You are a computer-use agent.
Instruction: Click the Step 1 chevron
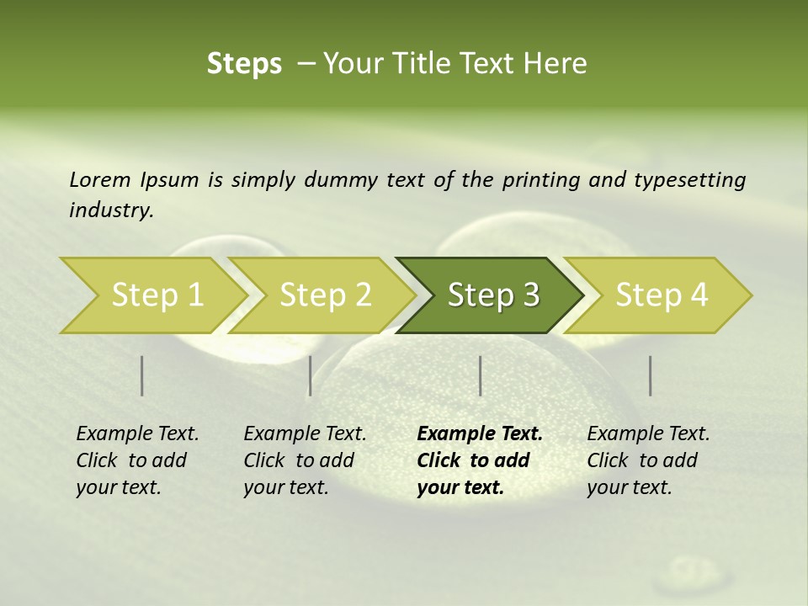[x=157, y=295]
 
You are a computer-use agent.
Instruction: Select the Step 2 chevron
[x=326, y=295]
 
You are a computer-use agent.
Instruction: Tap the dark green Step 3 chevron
[x=493, y=295]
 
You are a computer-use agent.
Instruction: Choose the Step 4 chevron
[x=662, y=295]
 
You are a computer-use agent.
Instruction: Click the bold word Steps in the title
[x=244, y=64]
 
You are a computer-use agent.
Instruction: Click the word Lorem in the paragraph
[x=99, y=180]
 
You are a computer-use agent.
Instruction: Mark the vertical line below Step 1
[x=142, y=375]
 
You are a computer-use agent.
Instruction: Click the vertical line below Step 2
[x=311, y=375]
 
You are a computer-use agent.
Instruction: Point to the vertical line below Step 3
[x=480, y=375]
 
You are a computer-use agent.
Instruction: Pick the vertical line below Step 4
[x=651, y=375]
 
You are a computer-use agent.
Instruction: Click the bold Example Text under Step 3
[x=480, y=434]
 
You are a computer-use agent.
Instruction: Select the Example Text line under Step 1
[x=137, y=434]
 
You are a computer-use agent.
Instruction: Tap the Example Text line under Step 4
[x=648, y=434]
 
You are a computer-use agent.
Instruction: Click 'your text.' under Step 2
[x=285, y=487]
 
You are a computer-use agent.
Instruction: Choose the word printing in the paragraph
[x=541, y=180]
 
